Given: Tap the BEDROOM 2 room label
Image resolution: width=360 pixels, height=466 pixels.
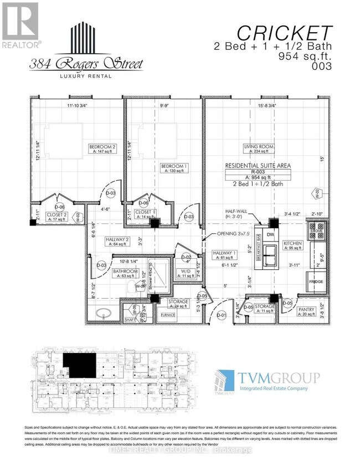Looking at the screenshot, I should point(102,146).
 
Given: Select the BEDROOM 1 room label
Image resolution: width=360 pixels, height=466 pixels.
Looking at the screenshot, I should point(173,166).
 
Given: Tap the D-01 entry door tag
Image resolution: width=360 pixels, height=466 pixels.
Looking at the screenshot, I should point(222,316).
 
